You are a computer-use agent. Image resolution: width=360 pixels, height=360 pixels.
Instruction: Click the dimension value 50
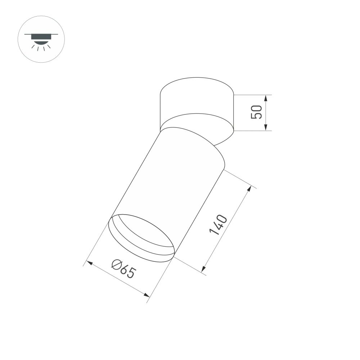click(x=256, y=112)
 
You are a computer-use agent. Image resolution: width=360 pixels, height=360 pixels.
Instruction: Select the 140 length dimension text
click(x=218, y=225)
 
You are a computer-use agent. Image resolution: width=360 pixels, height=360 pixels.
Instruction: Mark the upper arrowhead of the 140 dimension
click(x=249, y=189)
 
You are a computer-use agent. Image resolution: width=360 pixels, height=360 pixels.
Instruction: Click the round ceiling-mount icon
click(x=41, y=39)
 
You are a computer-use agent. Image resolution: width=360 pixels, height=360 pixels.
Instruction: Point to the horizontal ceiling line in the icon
click(x=41, y=34)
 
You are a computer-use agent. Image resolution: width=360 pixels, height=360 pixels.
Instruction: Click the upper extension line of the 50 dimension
click(x=252, y=95)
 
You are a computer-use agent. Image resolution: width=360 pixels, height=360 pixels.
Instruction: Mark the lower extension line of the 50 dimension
click(x=252, y=131)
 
